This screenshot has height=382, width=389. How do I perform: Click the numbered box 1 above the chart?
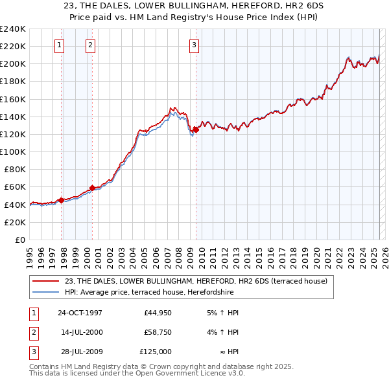[59, 45]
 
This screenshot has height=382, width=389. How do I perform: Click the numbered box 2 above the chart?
[90, 45]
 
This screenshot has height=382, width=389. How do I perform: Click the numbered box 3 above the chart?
[194, 45]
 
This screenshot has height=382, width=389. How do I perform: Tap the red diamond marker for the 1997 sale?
[61, 200]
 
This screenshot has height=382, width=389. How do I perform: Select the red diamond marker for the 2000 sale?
[92, 188]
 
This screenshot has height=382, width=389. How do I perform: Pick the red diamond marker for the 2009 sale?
[196, 129]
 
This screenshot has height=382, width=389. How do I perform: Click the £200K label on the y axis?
[13, 63]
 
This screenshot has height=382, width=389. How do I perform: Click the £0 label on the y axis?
[19, 240]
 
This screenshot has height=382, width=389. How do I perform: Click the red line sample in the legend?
[45, 281]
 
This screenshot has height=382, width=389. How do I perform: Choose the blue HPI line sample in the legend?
[45, 291]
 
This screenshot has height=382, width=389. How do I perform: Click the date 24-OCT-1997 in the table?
[80, 313]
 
